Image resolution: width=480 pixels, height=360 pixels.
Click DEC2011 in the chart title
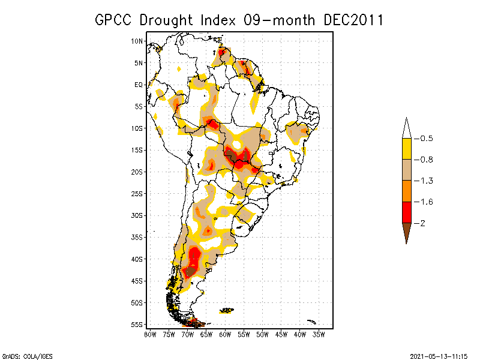[x=353, y=20]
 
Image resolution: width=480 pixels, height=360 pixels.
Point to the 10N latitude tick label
[x=137, y=41]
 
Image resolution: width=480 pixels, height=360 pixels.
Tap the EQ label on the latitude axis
[x=139, y=85]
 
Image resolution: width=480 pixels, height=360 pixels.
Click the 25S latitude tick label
[x=137, y=194]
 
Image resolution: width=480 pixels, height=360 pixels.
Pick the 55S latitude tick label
[x=137, y=325]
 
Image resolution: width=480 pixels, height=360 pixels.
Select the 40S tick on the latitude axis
[x=137, y=259]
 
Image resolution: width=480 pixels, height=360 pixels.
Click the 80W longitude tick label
[x=151, y=334]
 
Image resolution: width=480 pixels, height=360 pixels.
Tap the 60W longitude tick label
[x=226, y=334]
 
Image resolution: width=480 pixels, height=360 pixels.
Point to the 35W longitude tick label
[x=319, y=334]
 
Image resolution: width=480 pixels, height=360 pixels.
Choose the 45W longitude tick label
[x=281, y=334]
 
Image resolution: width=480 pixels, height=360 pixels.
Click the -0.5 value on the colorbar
[x=426, y=139]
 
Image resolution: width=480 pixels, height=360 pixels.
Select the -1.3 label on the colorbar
[x=426, y=181]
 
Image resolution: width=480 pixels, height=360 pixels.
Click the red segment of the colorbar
[x=406, y=212]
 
